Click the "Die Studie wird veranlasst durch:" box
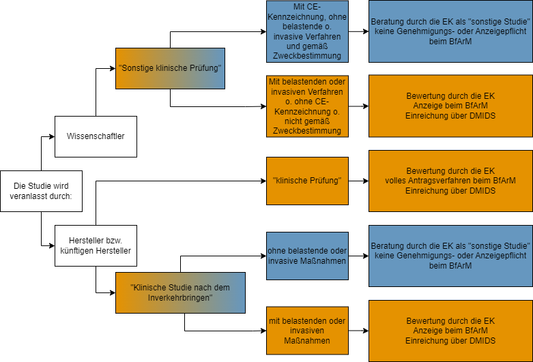(x=41, y=191)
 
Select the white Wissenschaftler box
(x=96, y=136)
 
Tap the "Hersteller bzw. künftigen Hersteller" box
(x=96, y=245)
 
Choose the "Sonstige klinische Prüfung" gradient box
(x=170, y=68)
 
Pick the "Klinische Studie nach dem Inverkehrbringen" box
(x=180, y=292)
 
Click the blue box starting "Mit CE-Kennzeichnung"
(x=307, y=31)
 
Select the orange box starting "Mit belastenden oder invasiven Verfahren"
(x=307, y=106)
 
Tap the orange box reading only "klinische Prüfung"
(x=307, y=181)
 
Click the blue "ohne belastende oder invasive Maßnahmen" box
(x=307, y=256)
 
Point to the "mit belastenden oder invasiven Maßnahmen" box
(x=307, y=331)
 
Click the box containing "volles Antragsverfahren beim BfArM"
(x=450, y=181)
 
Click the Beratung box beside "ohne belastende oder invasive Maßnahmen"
(x=450, y=256)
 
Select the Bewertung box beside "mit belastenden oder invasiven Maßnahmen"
(x=450, y=331)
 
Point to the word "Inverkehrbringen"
(x=180, y=298)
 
